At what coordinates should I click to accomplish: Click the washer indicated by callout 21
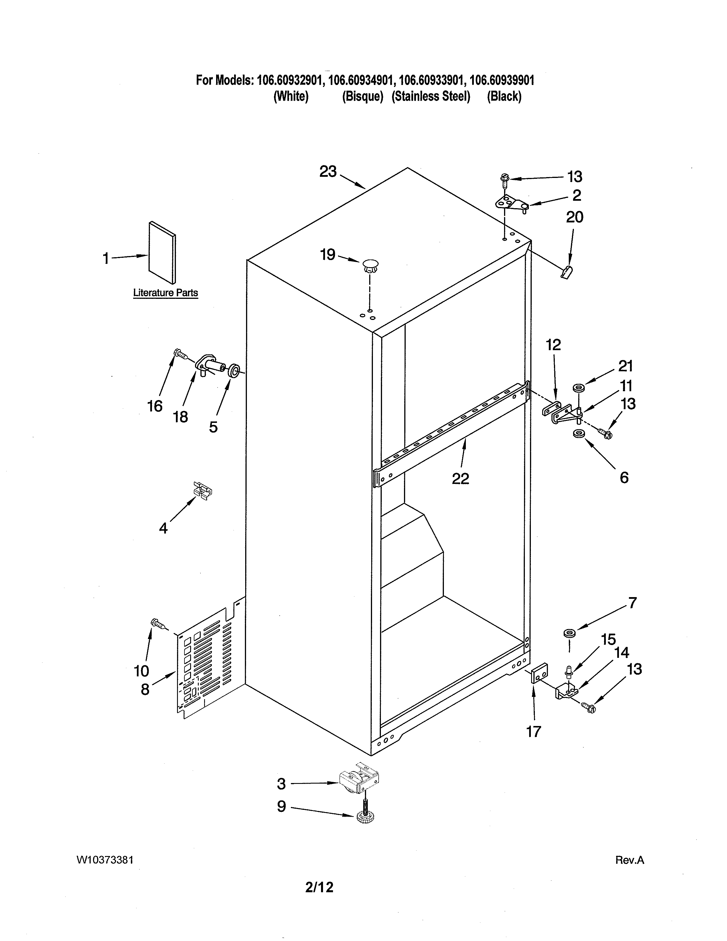pyautogui.click(x=578, y=388)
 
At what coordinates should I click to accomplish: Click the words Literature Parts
pyautogui.click(x=165, y=293)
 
